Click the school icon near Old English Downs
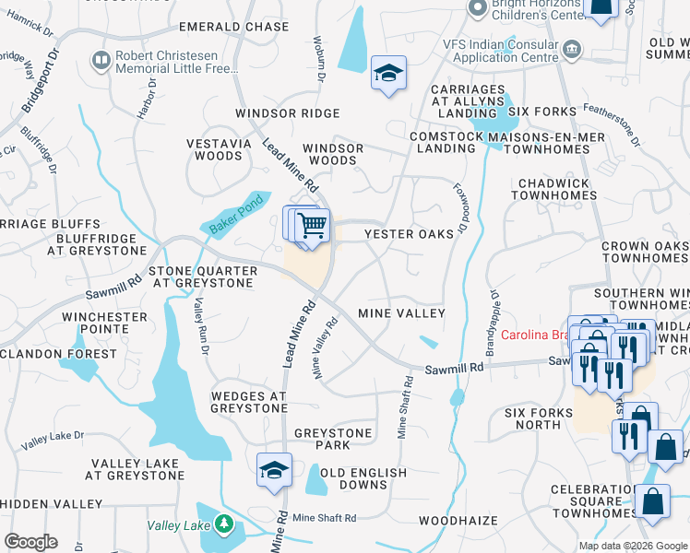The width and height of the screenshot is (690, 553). pos(274,470)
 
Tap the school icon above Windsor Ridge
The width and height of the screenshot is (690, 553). pos(388,73)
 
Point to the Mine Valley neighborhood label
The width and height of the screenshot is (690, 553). pos(401,313)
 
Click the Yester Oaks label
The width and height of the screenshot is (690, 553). pos(410,234)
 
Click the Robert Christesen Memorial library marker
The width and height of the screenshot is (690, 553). pos(101,61)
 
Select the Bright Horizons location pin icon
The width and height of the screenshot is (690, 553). pos(477,8)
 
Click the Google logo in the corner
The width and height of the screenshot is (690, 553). pos(30,542)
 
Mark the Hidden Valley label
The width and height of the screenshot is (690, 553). pos(52,504)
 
